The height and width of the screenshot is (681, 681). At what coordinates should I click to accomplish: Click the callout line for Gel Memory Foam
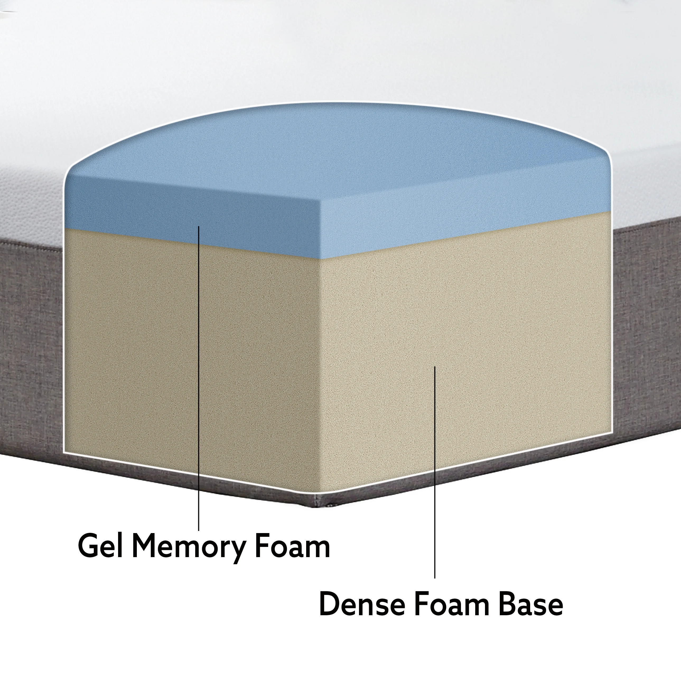click(199, 388)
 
